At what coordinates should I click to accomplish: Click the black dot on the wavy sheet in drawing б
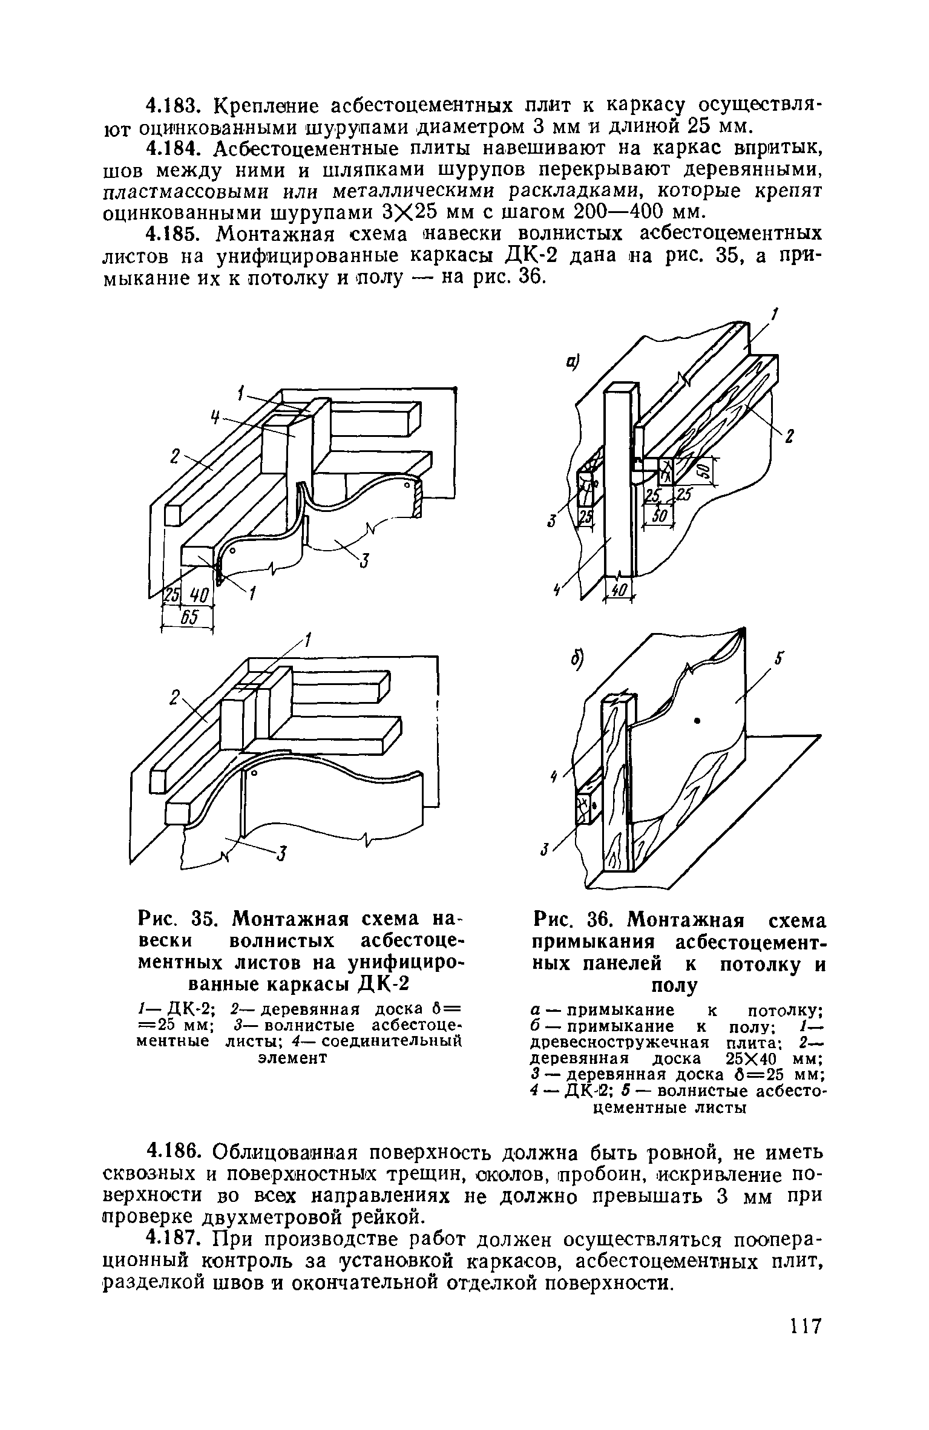[698, 720]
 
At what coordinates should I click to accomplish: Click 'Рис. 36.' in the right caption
[570, 921]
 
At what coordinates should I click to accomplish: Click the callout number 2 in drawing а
[789, 438]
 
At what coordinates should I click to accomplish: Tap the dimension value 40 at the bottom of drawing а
[619, 588]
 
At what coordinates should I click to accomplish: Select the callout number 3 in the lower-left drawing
[281, 854]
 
